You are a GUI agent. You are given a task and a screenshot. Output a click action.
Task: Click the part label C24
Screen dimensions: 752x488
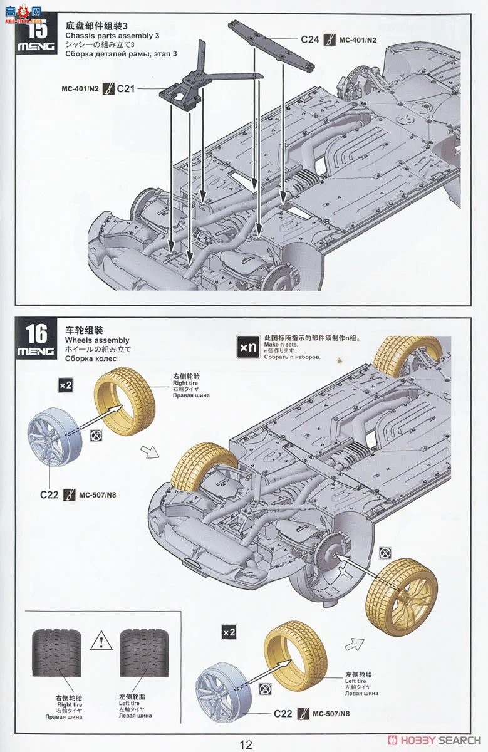309,39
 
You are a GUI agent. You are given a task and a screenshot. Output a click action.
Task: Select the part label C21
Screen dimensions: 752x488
126,89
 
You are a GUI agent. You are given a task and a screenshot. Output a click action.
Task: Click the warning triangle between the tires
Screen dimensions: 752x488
100,641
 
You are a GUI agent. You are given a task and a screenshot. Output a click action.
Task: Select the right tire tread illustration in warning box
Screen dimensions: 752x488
57,652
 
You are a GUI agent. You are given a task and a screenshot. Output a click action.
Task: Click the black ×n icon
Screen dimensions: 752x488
247,346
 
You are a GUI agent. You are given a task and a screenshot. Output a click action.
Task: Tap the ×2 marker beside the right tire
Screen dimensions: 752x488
65,385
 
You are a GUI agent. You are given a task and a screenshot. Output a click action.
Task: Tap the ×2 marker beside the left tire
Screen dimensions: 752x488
229,633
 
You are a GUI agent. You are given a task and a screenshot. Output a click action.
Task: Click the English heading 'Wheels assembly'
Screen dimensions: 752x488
96,340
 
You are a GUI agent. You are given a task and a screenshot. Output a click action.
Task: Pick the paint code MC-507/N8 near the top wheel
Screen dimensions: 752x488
97,494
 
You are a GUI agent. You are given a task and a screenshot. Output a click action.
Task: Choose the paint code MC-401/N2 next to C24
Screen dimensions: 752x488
358,39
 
